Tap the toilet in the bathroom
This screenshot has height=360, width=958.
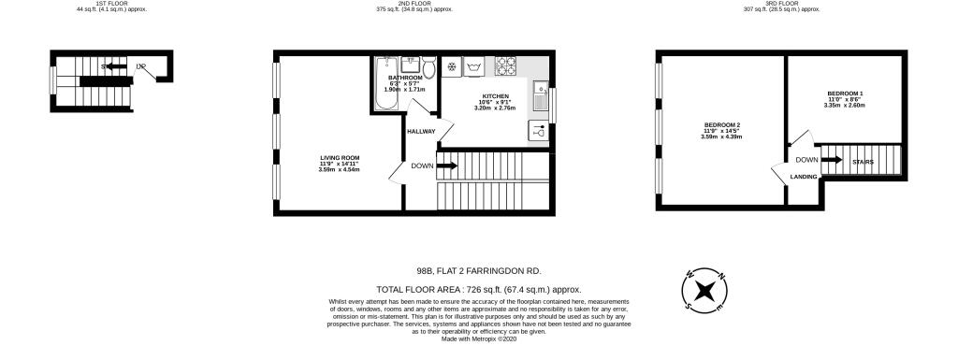click(428, 66)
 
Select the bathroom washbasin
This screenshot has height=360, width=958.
click(411, 65)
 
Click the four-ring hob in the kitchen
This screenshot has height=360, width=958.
click(505, 66)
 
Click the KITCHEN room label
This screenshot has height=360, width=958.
click(495, 96)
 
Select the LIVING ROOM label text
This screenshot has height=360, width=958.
click(339, 158)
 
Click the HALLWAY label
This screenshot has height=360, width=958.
click(421, 131)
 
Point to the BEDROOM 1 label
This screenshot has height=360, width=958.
click(845, 94)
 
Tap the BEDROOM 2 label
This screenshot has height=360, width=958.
click(720, 125)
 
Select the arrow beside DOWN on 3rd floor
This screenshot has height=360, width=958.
click(833, 160)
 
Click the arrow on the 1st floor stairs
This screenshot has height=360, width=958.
click(114, 67)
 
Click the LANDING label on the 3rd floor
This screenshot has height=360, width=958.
click(804, 176)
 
